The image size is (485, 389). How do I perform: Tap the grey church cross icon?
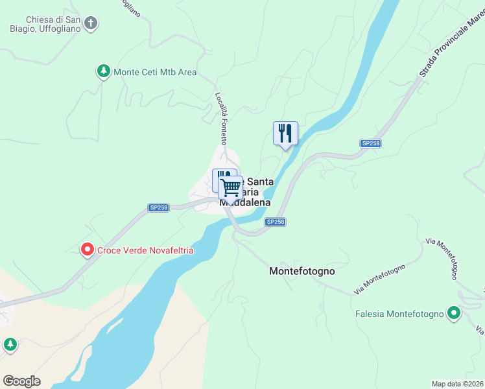click(x=91, y=24)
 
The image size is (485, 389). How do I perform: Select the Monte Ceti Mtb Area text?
click(x=155, y=72)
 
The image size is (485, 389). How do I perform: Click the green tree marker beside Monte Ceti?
click(x=102, y=71)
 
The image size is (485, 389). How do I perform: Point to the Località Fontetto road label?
click(x=221, y=118)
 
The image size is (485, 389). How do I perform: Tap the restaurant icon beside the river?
click(x=285, y=134)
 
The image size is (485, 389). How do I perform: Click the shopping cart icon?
click(x=230, y=188)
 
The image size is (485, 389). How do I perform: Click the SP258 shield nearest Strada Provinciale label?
click(x=370, y=143)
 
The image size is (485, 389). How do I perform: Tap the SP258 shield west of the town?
click(x=158, y=207)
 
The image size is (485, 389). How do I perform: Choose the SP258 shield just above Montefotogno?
click(x=275, y=222)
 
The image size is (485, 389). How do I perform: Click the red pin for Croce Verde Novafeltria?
click(x=87, y=250)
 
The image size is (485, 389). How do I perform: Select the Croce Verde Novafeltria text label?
click(x=146, y=250)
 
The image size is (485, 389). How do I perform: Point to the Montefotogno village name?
click(x=302, y=272)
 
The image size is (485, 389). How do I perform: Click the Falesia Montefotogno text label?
click(x=399, y=314)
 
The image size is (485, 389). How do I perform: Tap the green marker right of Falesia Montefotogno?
click(x=455, y=314)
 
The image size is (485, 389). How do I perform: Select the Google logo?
click(x=21, y=381)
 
